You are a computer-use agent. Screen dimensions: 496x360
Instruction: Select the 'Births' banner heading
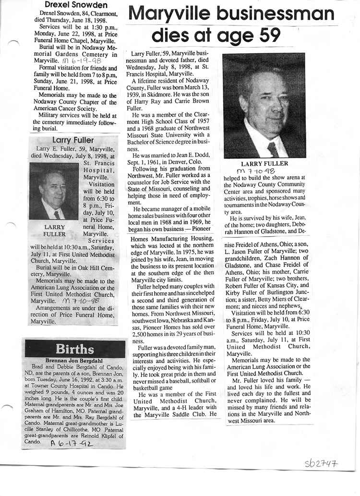click(x=74, y=348)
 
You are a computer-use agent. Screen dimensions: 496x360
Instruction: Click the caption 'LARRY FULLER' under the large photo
click(x=264, y=164)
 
